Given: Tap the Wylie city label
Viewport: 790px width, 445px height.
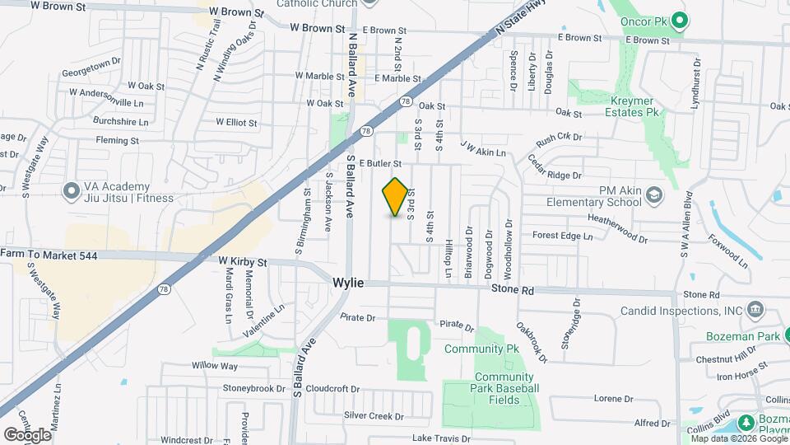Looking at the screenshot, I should click(348, 283).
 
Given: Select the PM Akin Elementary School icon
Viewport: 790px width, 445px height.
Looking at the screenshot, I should click(653, 195).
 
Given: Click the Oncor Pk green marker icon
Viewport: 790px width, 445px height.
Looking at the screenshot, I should click(678, 20).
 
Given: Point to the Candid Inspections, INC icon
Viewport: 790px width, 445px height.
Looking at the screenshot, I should click(755, 311).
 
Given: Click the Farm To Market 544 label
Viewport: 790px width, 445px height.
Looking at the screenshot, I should click(49, 255).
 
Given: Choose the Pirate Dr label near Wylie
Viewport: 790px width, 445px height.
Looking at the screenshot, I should click(358, 317).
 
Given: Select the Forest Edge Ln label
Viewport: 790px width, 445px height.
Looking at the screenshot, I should click(562, 236).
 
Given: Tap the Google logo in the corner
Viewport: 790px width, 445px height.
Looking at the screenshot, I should click(27, 434).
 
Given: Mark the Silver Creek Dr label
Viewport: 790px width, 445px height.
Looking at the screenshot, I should click(369, 415).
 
